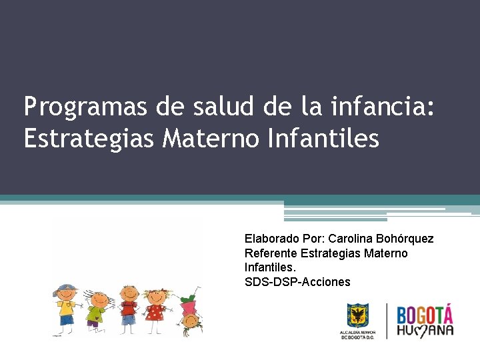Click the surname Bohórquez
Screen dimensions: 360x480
click(x=405, y=239)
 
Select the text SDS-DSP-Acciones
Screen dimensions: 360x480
click(x=297, y=282)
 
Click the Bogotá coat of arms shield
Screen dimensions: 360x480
click(x=358, y=315)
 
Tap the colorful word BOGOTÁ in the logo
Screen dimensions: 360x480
click(x=425, y=315)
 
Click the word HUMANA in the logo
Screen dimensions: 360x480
click(x=425, y=330)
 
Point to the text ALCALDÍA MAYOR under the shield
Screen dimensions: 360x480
click(x=358, y=332)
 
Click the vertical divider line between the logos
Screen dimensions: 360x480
click(x=387, y=321)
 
